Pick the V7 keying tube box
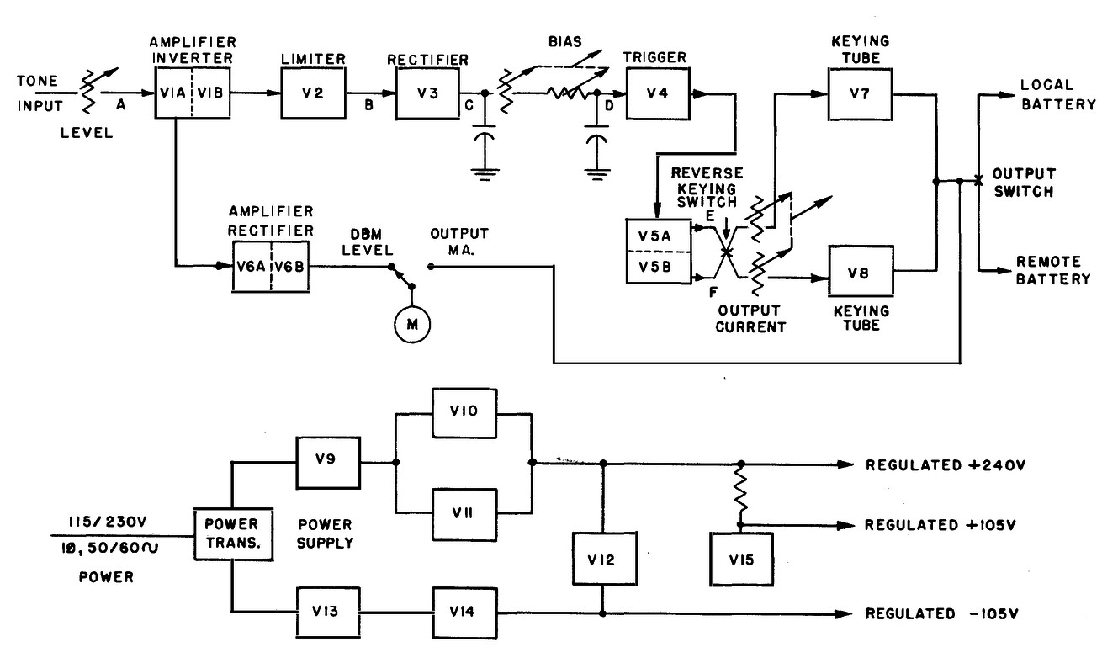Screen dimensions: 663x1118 (861, 93)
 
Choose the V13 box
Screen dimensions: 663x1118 (328, 613)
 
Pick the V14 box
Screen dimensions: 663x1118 (464, 613)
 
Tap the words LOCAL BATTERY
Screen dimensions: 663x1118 (1058, 95)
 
